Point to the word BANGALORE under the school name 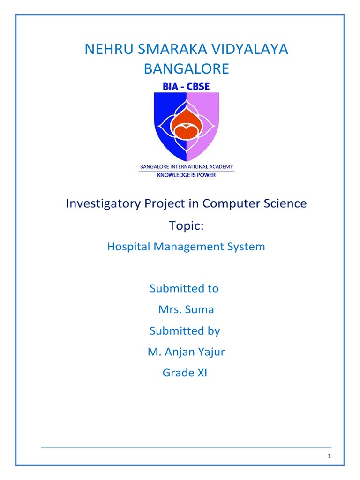(186, 69)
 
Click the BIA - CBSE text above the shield (187, 87)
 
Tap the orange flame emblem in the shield (186, 126)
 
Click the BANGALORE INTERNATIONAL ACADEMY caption (187, 166)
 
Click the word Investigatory (97, 203)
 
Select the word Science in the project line (286, 203)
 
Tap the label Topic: (186, 225)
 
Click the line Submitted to (184, 288)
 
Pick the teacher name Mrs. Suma (186, 309)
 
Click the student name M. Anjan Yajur (186, 352)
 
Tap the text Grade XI (185, 373)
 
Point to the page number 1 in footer (330, 456)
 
